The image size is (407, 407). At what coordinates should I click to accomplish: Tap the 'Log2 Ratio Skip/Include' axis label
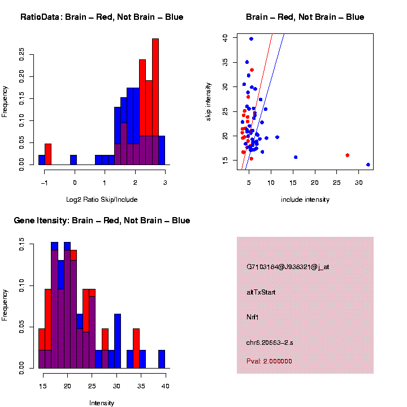102,200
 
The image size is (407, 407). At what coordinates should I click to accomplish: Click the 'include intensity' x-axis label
305,200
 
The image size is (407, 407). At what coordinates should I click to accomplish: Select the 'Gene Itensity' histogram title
102,220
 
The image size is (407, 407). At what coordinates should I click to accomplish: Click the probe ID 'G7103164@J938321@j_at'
288,267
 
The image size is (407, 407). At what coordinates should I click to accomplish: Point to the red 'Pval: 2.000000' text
269,361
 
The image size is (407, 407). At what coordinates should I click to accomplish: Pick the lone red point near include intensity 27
347,155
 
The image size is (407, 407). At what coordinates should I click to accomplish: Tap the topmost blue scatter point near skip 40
251,38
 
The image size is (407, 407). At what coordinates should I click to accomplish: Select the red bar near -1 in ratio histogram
48,154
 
